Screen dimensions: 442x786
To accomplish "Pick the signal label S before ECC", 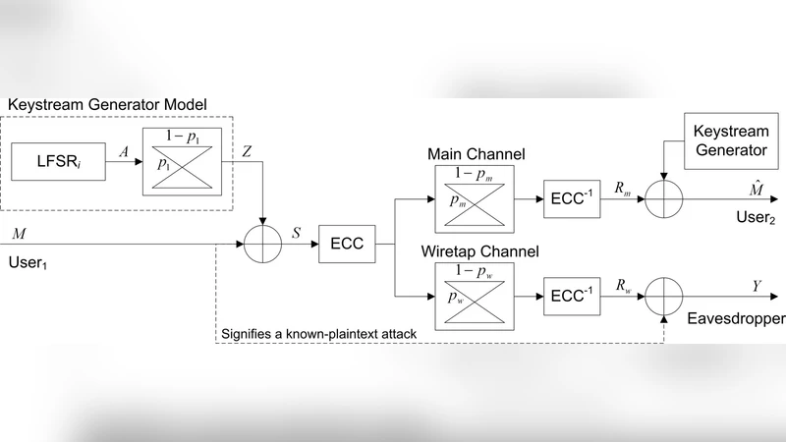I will (x=298, y=233).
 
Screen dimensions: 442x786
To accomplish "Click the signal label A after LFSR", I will (x=122, y=153).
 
